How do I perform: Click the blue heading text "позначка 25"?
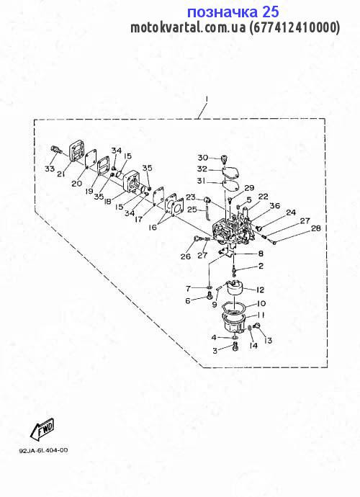pos(233,12)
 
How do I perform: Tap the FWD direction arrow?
pos(42,431)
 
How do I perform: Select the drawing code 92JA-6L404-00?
pos(43,450)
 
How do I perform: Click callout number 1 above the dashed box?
pos(207,99)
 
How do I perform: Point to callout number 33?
pos(50,169)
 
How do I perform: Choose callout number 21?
pos(61,174)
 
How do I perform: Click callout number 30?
pos(203,158)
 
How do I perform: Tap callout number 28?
pos(316,228)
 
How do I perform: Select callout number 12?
pos(260,290)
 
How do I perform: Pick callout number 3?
pos(215,351)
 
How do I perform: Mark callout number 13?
pos(267,341)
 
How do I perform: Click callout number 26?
pos(186,256)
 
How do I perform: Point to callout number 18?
pos(108,201)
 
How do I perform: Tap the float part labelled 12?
pos(233,288)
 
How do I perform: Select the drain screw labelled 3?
pos(235,347)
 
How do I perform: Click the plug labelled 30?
pos(224,158)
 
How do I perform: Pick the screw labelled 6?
pos(209,296)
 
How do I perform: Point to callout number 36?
pos(274,206)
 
